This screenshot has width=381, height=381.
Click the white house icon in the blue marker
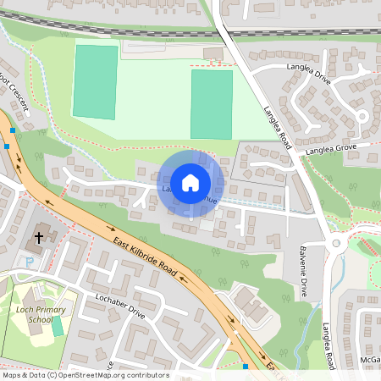(x=190, y=182)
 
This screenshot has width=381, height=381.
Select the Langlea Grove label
(x=332, y=147)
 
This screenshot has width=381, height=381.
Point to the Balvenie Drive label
(x=303, y=271)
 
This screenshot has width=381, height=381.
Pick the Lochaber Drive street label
(x=121, y=306)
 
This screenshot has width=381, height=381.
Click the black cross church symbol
(x=38, y=238)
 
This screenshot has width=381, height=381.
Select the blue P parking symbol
(x=30, y=262)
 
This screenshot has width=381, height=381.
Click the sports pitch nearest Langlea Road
(x=211, y=103)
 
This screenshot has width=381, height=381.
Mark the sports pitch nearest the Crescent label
(x=95, y=81)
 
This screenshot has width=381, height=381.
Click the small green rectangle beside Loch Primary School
(x=58, y=326)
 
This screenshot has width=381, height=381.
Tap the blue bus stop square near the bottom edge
(x=245, y=367)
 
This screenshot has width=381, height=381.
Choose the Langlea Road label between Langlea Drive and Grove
(x=278, y=128)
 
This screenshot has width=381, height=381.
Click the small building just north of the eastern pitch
(x=213, y=54)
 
